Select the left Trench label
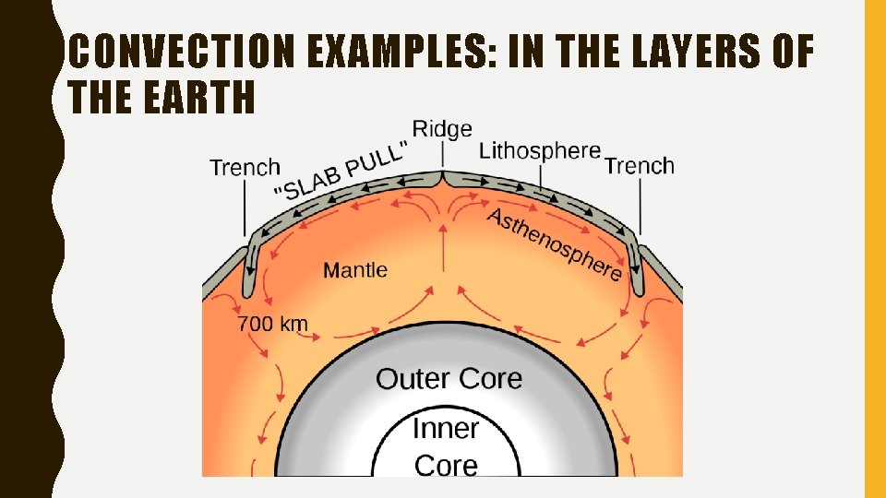[245, 168]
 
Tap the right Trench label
[640, 166]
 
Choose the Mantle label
[355, 270]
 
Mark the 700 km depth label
[273, 324]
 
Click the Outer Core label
[449, 378]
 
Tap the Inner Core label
[446, 446]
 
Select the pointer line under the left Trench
[245, 207]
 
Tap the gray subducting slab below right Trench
[636, 272]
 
